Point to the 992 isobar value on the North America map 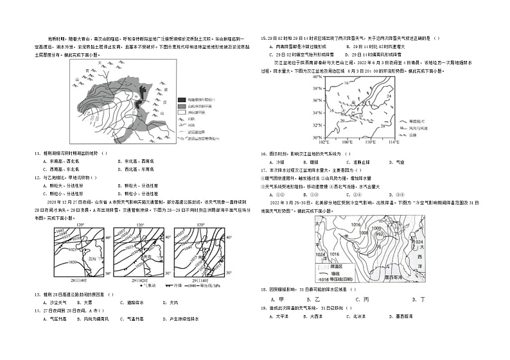(378, 235)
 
